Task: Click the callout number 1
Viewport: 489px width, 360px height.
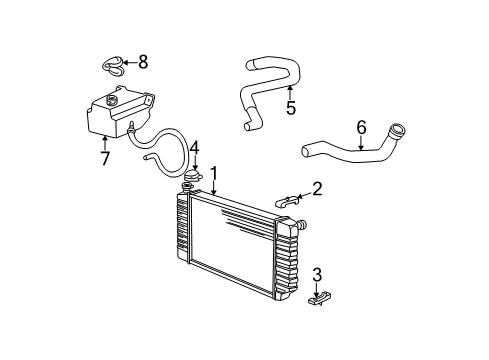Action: coord(213,174)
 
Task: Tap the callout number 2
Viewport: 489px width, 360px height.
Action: coord(318,187)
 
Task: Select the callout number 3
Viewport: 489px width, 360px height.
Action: coord(317,275)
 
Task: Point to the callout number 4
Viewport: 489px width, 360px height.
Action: coord(196,148)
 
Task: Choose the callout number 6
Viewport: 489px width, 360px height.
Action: coord(361,128)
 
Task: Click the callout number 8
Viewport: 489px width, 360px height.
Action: coord(143,62)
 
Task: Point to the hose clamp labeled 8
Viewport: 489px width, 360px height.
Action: coord(114,65)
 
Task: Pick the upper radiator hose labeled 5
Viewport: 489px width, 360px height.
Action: coord(265,85)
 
